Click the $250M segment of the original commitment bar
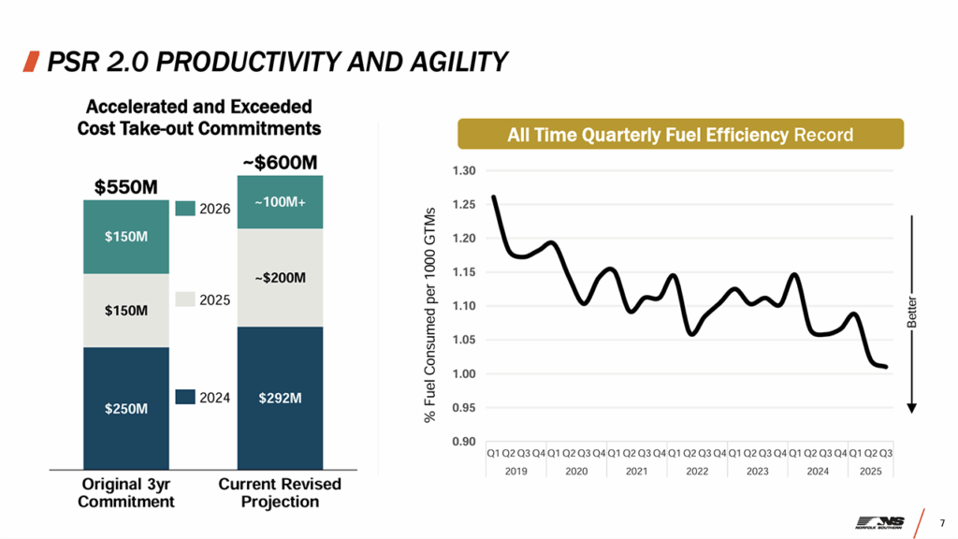(124, 408)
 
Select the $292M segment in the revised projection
(280, 398)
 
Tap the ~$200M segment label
(280, 278)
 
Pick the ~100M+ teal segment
(280, 202)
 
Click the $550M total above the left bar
(125, 187)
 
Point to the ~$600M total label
(280, 162)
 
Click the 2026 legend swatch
(185, 208)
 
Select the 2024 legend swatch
(185, 397)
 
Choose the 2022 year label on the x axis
(697, 472)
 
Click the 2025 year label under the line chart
(871, 472)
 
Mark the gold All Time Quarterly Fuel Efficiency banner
(680, 135)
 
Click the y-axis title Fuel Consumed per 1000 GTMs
(431, 313)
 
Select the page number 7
(942, 521)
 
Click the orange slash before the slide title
(30, 62)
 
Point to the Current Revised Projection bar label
(280, 492)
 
